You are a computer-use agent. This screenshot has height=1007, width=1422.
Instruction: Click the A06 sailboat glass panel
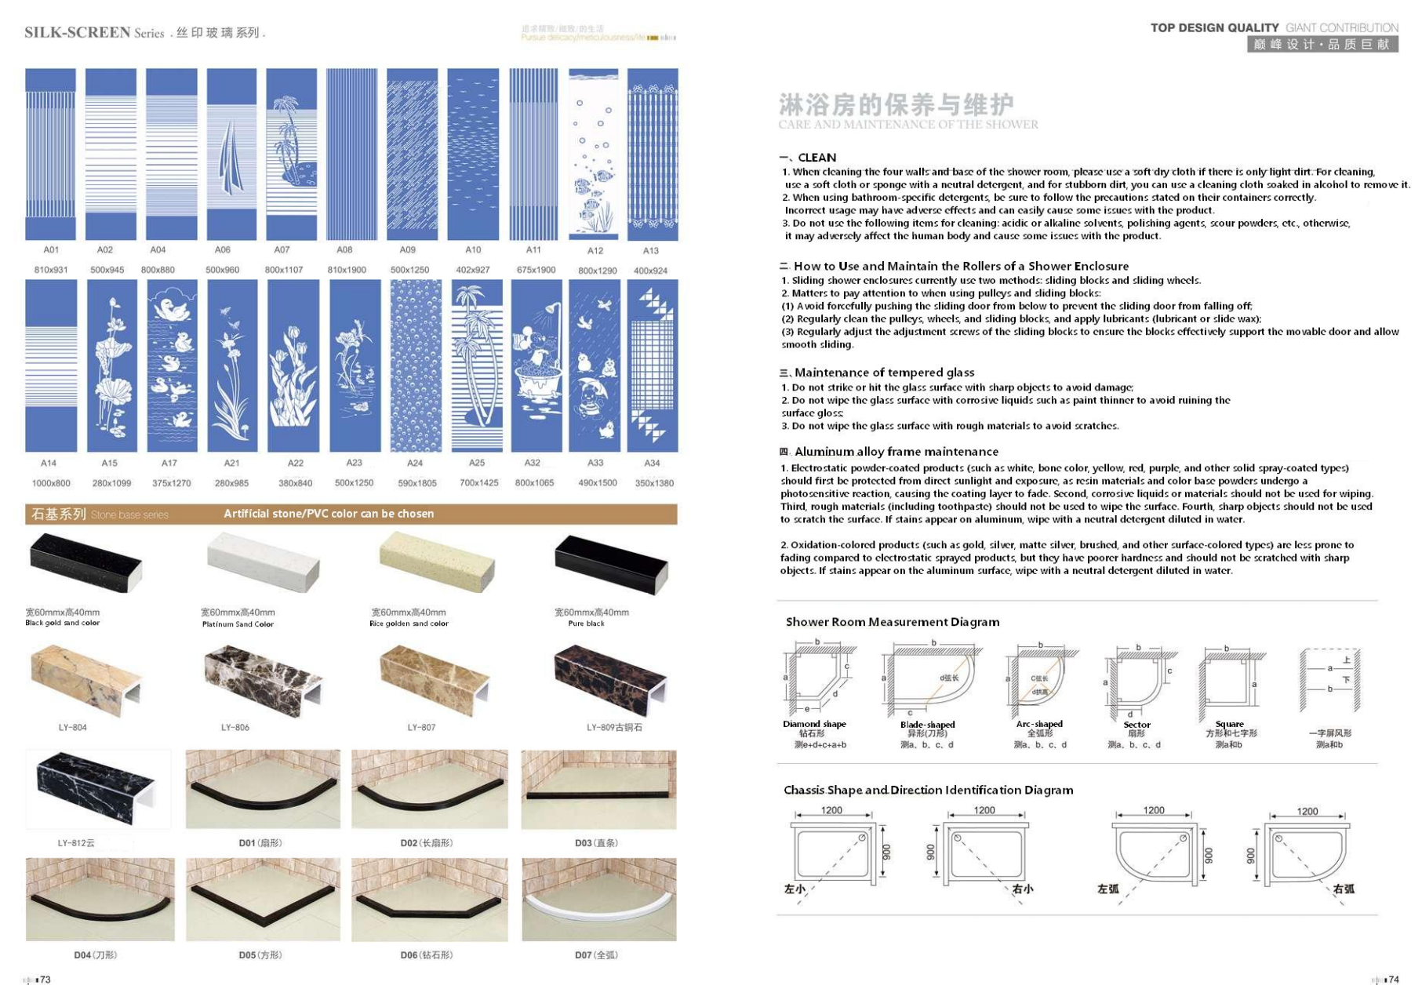231,154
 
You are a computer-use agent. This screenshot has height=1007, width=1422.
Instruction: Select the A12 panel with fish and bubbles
594,154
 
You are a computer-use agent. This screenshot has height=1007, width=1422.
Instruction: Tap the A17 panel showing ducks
172,365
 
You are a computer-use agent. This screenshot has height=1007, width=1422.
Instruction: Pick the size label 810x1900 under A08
347,270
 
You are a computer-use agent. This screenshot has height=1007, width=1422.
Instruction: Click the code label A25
477,463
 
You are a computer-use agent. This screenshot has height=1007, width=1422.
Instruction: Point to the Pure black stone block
611,563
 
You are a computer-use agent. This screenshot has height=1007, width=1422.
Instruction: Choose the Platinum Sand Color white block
264,562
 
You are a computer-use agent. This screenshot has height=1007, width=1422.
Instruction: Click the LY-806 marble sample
263,676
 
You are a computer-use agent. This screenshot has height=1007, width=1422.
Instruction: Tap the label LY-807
421,728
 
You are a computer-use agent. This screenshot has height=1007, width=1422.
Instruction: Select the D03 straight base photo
598,789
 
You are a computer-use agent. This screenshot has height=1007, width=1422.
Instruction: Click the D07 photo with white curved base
598,899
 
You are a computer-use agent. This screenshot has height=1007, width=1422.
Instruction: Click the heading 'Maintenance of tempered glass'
884,373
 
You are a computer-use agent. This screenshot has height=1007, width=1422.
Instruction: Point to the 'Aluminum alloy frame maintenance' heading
896,452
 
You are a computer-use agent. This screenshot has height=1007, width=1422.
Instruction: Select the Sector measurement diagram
1137,681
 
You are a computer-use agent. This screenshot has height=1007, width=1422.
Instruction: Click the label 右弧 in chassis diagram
1344,889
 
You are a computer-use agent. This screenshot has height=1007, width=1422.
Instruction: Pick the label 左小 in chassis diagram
795,889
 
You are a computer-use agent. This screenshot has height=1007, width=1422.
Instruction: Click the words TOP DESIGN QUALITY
1214,27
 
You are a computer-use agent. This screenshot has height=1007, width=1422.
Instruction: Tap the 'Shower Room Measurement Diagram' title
893,622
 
